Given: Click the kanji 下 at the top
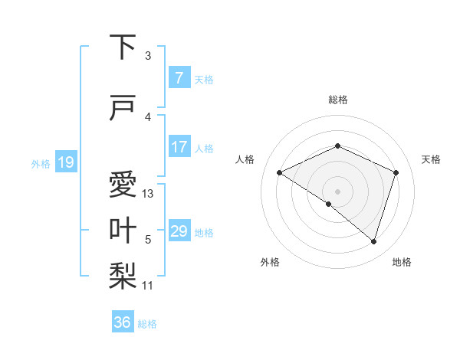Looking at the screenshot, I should click(x=123, y=47).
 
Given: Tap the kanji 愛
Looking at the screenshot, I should click(x=123, y=185).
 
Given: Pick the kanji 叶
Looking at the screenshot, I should click(x=123, y=231).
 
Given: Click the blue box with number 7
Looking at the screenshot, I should click(x=179, y=78).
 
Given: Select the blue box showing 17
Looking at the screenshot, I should click(x=179, y=147).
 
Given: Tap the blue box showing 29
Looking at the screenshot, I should click(x=179, y=231).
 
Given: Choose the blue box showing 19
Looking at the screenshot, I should click(x=65, y=162).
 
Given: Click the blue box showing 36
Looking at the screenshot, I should click(x=123, y=322).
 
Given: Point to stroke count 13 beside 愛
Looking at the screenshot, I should click(x=148, y=194).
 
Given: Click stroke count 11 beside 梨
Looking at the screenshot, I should click(x=148, y=286).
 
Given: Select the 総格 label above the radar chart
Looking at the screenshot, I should click(x=337, y=100).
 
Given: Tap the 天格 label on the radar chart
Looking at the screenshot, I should click(x=431, y=159).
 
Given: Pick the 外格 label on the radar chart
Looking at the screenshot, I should click(x=270, y=262).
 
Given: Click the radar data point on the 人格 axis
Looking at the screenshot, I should click(x=280, y=172).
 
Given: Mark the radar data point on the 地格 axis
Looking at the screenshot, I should click(x=374, y=241).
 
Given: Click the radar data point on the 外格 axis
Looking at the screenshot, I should click(x=329, y=204).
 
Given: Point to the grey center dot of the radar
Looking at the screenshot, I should click(x=337, y=191).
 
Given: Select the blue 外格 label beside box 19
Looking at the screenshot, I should click(x=40, y=163).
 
